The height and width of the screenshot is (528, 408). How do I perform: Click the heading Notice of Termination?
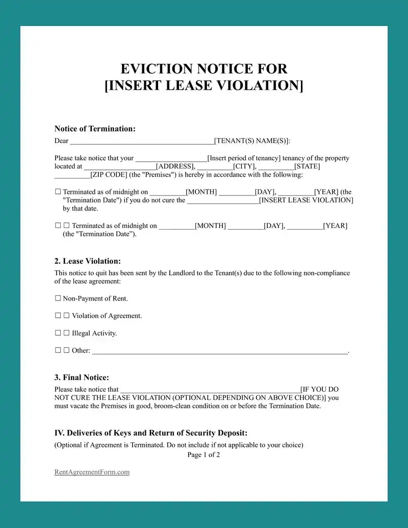tap(95, 129)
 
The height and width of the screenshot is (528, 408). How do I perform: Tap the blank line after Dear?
tap(142, 141)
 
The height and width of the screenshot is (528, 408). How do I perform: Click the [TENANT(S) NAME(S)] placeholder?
tap(252, 141)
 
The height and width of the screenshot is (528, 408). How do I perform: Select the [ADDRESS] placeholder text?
tap(175, 166)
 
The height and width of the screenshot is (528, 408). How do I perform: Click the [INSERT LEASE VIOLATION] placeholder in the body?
tap(306, 200)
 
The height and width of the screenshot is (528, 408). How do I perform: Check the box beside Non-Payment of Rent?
tap(58, 298)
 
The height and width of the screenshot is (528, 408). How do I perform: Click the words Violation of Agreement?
tap(107, 316)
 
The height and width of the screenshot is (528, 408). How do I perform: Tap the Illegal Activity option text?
tap(94, 333)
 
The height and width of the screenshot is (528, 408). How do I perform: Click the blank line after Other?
tap(219, 351)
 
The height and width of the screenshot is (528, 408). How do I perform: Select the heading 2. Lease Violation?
tap(88, 261)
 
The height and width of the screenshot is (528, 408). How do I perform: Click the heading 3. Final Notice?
tap(82, 378)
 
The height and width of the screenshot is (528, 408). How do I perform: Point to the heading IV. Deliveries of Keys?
tap(151, 433)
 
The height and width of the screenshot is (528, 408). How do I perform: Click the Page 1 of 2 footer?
tap(203, 455)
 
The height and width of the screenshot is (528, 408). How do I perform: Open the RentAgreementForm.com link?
tap(92, 472)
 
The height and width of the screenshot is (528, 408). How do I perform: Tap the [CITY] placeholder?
tap(244, 166)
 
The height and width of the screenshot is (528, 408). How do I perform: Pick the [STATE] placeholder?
tap(307, 166)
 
